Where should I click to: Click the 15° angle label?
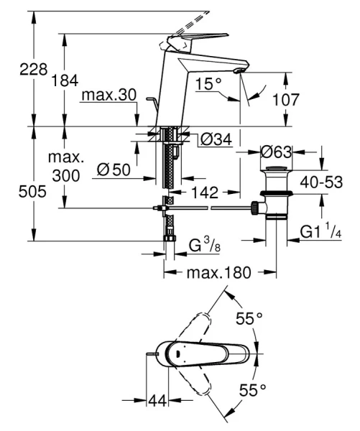point(208,85)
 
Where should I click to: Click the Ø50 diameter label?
point(114,170)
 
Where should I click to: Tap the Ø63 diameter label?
point(277,152)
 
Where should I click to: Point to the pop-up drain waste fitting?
point(275,194)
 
